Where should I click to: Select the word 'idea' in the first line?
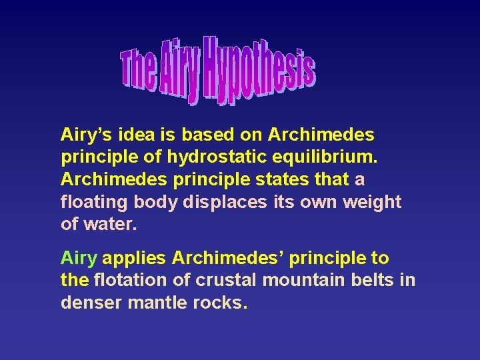pos(135,135)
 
